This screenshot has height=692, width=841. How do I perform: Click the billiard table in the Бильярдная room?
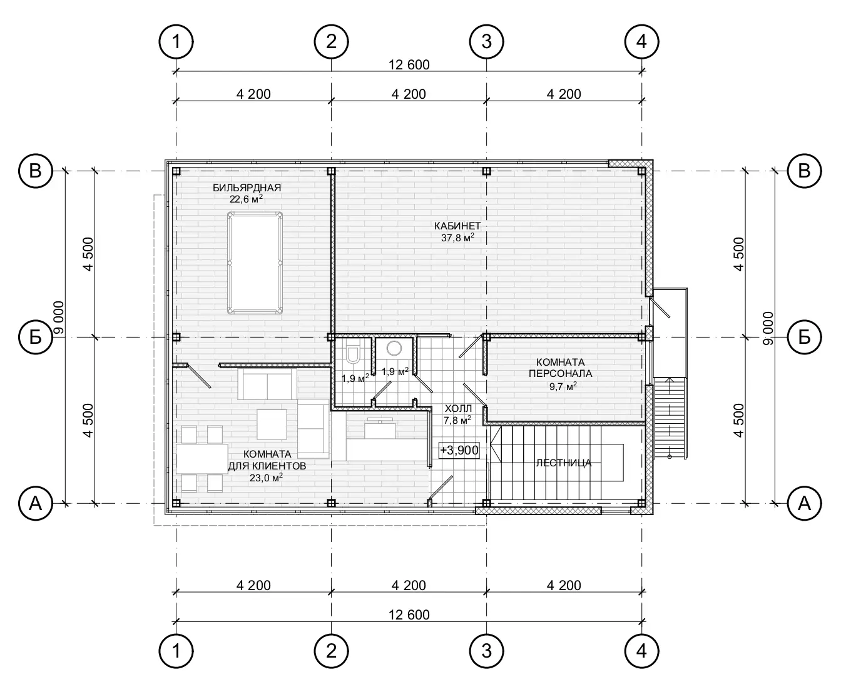tap(255, 263)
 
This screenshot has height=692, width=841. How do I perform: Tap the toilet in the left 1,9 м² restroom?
tap(354, 354)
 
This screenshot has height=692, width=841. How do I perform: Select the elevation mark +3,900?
tap(459, 450)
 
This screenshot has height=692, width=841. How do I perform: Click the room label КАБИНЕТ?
tap(457, 226)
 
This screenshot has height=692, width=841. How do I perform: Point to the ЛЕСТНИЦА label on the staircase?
tap(564, 463)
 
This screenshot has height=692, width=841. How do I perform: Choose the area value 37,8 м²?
tap(457, 238)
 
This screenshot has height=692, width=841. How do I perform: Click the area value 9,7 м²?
tap(563, 387)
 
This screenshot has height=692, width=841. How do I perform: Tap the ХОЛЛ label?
tap(458, 409)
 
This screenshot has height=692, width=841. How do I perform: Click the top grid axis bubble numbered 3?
tap(487, 41)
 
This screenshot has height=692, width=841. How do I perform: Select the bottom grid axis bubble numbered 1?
tap(176, 651)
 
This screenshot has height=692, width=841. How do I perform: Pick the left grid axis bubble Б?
tap(36, 337)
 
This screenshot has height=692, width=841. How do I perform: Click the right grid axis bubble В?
tap(804, 171)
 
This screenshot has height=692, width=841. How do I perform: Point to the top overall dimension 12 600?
tap(409, 65)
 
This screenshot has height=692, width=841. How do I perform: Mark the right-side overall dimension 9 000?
tap(768, 328)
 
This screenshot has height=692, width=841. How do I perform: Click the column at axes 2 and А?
tap(331, 503)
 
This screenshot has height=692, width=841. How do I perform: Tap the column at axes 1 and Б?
tap(176, 337)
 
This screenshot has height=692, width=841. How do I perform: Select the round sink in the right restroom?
tap(394, 348)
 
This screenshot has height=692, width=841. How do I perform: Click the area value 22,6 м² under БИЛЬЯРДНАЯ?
tap(246, 199)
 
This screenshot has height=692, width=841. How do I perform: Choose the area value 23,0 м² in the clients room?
tap(266, 478)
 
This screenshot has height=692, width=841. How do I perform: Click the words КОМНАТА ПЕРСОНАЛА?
tap(560, 368)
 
